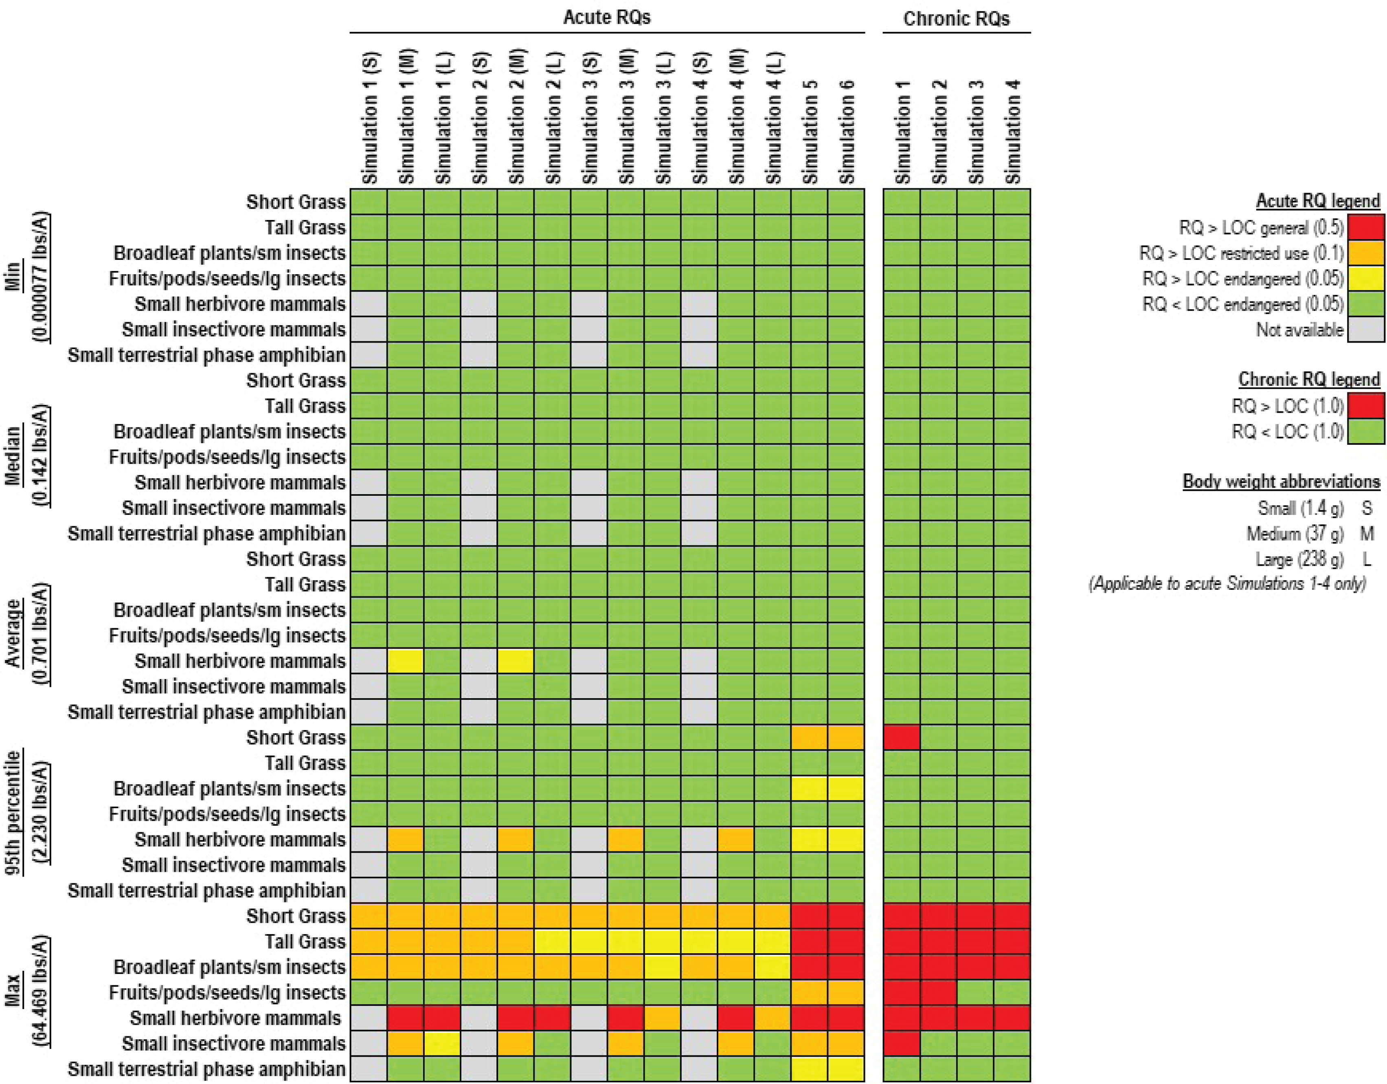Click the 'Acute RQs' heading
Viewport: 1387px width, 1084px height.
tap(606, 17)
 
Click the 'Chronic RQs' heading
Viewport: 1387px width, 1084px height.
tap(956, 18)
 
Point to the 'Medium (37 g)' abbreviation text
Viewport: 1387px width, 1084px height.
tap(1295, 534)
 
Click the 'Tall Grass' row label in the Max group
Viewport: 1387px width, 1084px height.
tap(305, 942)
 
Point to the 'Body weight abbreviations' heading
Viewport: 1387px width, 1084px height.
tap(1281, 482)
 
